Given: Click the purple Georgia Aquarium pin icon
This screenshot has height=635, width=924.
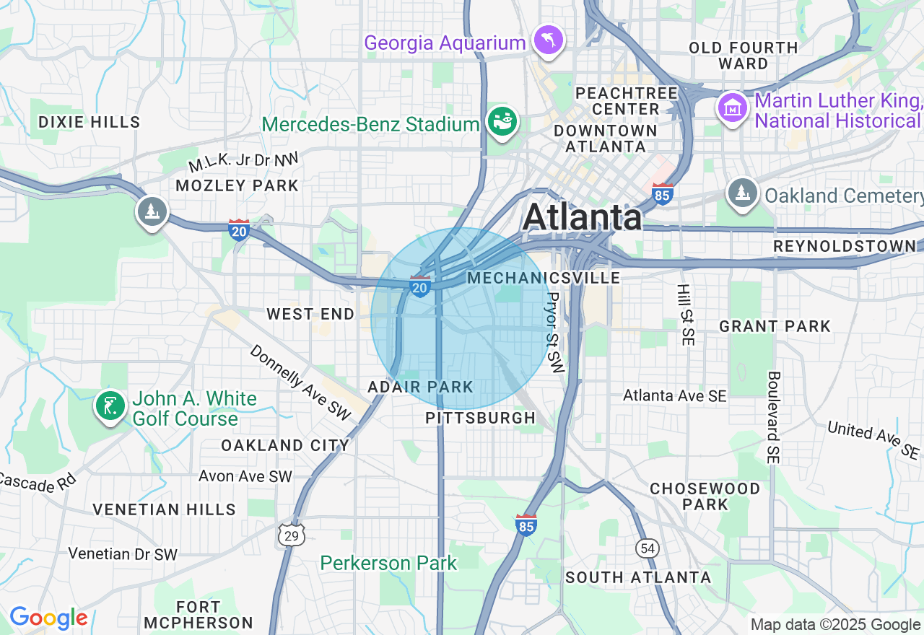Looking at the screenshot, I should (548, 40).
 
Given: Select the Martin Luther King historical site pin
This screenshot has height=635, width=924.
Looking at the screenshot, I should (733, 108).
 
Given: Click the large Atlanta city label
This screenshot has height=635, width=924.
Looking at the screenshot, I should (582, 216).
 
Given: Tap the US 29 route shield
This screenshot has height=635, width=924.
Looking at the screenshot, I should (292, 535).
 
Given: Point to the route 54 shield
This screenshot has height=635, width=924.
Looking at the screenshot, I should (648, 548).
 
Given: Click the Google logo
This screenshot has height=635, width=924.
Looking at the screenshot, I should (48, 618).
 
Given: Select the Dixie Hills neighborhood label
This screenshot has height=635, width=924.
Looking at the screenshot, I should (90, 121).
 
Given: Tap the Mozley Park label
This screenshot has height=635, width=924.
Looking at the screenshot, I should (237, 185).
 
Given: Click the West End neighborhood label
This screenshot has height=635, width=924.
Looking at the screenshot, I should (310, 314).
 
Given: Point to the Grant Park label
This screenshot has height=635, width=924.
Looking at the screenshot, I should (775, 326).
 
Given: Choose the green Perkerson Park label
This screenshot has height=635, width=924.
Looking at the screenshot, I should (388, 563).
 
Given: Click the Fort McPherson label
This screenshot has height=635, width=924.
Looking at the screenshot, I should (199, 614).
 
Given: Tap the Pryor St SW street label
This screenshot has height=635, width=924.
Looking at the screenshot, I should (554, 332).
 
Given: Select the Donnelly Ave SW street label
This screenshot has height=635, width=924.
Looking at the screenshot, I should (300, 382).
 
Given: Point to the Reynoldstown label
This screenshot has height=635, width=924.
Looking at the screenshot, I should (844, 246).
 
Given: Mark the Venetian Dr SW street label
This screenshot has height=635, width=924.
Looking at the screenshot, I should (123, 554).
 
